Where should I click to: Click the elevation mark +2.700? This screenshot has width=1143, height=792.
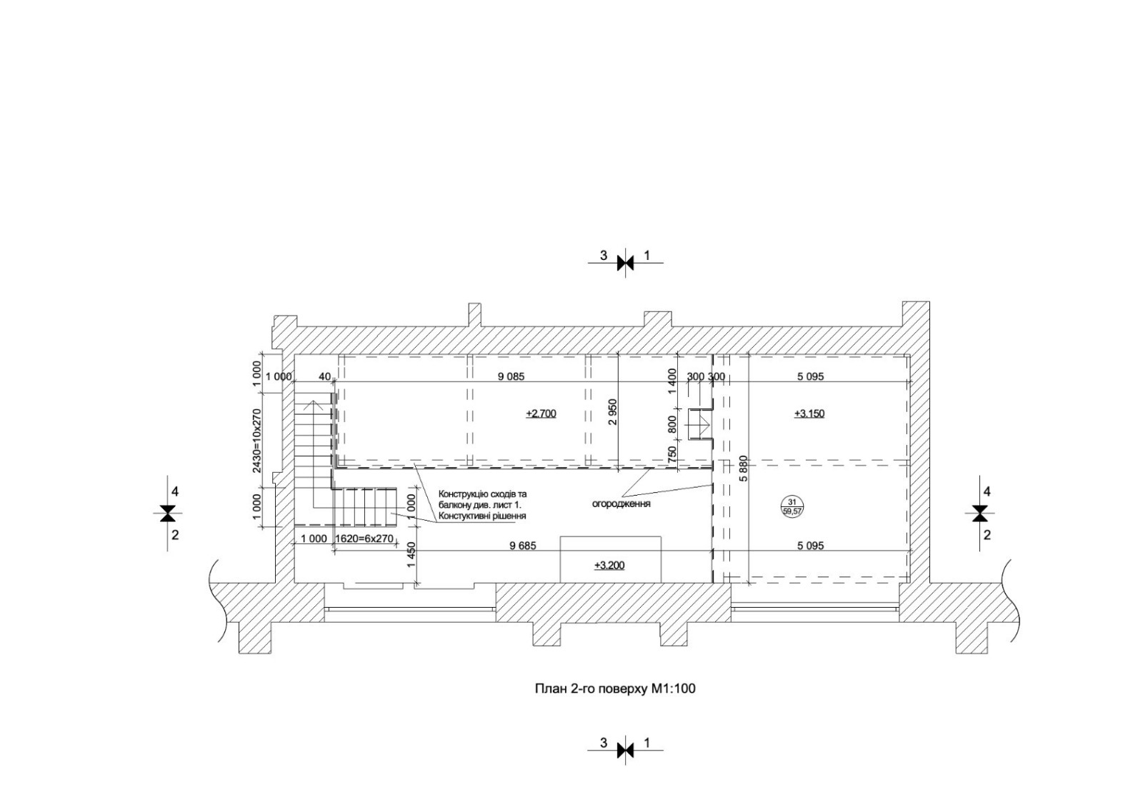541,413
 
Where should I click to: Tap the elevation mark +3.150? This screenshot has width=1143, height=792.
809,413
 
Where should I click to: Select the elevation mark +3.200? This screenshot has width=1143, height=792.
609,566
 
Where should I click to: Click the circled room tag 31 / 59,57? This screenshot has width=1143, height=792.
792,507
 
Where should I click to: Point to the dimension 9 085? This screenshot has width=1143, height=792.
511,377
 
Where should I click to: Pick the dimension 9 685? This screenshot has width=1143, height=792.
523,546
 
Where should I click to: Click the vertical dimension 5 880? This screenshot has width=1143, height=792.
743,468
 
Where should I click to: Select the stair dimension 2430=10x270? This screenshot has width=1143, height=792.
257,441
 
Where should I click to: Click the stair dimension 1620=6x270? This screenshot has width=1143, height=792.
364,538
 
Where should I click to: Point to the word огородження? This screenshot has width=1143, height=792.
621,504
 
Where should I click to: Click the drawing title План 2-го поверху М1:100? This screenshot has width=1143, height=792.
615,689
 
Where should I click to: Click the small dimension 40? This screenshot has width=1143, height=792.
324,377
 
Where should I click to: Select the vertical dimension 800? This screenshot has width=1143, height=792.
672,424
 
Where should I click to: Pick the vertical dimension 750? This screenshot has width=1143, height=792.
672,454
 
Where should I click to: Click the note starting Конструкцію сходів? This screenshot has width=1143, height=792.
482,505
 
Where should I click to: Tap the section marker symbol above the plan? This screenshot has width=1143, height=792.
625,263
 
